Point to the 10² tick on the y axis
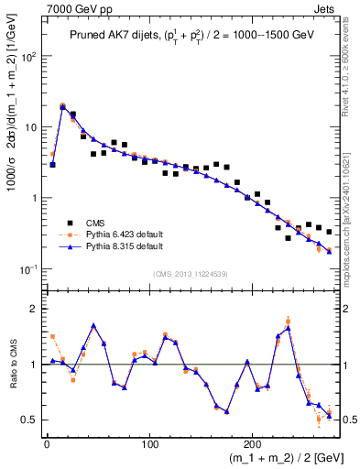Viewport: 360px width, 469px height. tap(30, 57)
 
